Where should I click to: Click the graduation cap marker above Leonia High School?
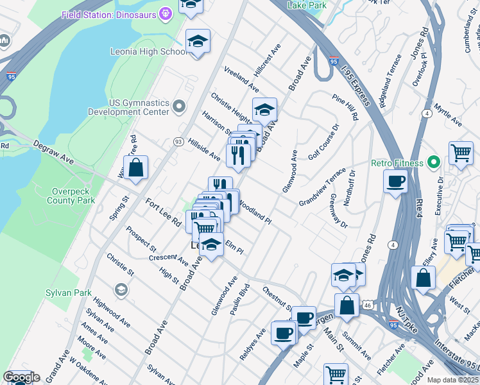coord(198,42)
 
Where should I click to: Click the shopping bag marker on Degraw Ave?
coord(136,168)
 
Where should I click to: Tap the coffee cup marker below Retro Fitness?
coord(396,181)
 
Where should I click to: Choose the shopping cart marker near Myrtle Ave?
coord(460,154)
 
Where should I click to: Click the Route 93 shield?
coord(178,141)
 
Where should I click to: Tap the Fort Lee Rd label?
coord(162,212)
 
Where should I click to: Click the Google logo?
coord(21,377)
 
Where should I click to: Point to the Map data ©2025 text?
coord(453,380)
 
